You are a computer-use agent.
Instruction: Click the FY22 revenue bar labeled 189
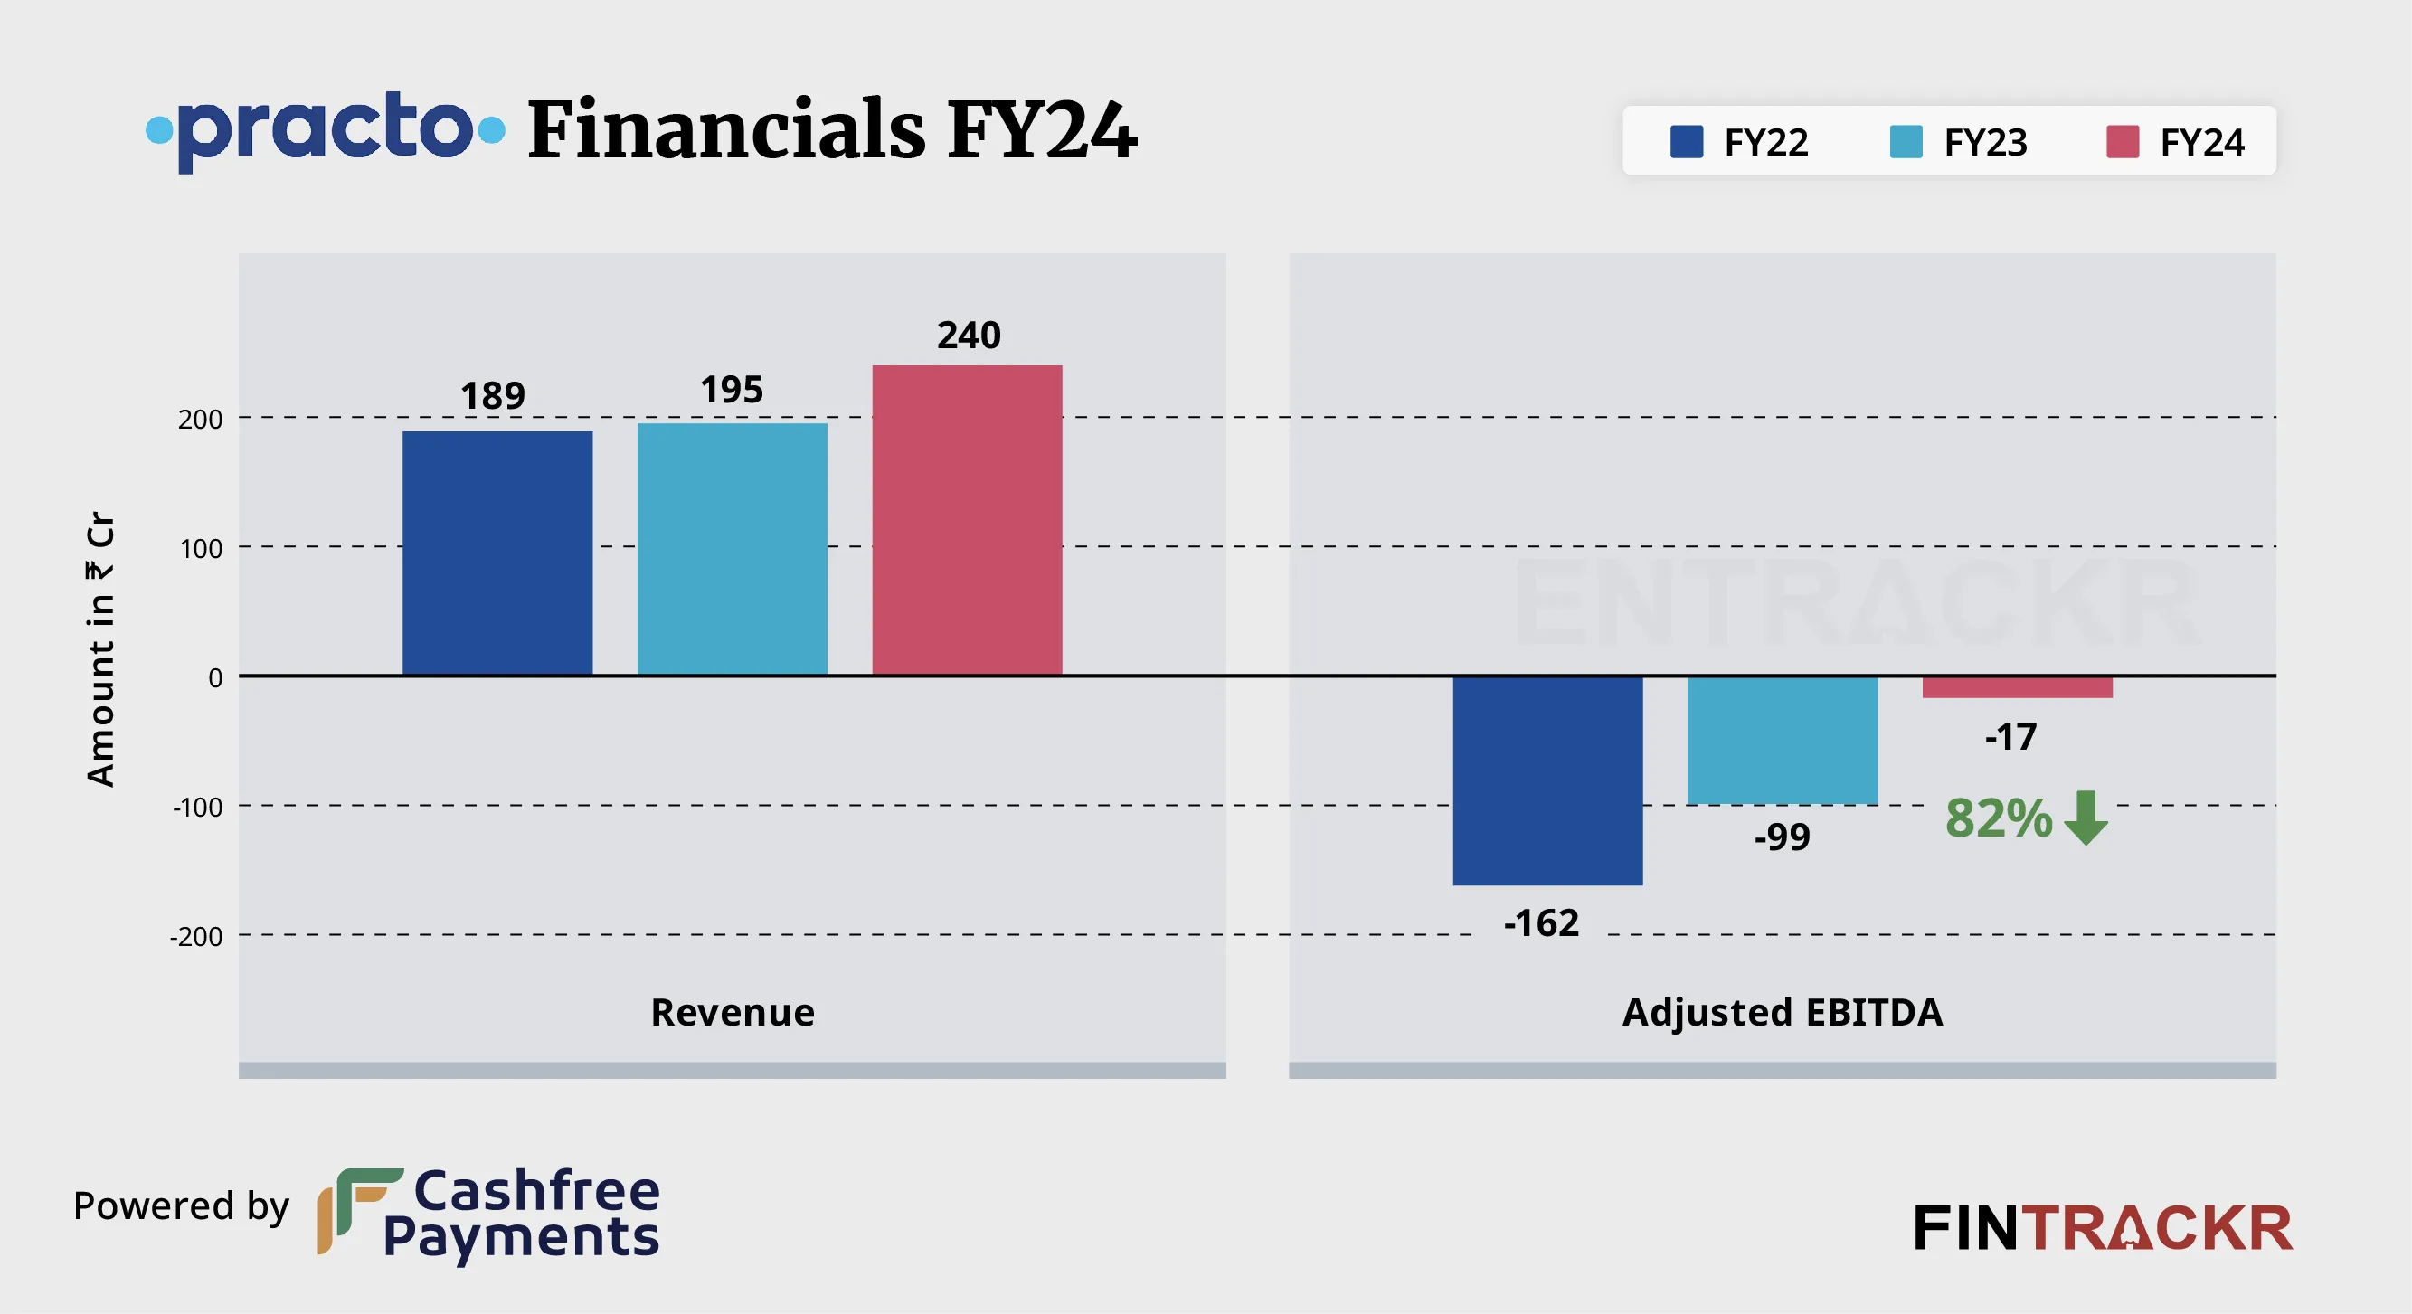[x=497, y=553]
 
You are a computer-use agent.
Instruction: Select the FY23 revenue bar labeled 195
[x=733, y=549]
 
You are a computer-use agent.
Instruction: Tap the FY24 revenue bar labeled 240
[x=967, y=520]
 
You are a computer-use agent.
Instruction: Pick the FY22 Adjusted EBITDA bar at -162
[x=1547, y=780]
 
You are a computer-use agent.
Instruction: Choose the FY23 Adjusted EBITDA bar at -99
[x=1782, y=740]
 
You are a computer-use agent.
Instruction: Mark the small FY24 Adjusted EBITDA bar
[x=2017, y=687]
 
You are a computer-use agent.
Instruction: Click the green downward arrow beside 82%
[x=2086, y=818]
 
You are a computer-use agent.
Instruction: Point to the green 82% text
[x=1998, y=818]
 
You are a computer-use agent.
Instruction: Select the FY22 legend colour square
[x=1687, y=142]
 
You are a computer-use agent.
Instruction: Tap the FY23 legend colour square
[x=1906, y=142]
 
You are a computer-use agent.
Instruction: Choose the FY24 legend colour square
[x=2123, y=142]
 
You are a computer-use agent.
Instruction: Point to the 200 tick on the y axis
[x=201, y=419]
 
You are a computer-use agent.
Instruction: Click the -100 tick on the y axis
[x=197, y=807]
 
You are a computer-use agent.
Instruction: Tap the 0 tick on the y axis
[x=215, y=677]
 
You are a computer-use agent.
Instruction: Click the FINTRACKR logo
[x=2103, y=1228]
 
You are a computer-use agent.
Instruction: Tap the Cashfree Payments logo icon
[x=359, y=1210]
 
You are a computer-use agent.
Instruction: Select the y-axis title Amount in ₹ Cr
[x=100, y=648]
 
